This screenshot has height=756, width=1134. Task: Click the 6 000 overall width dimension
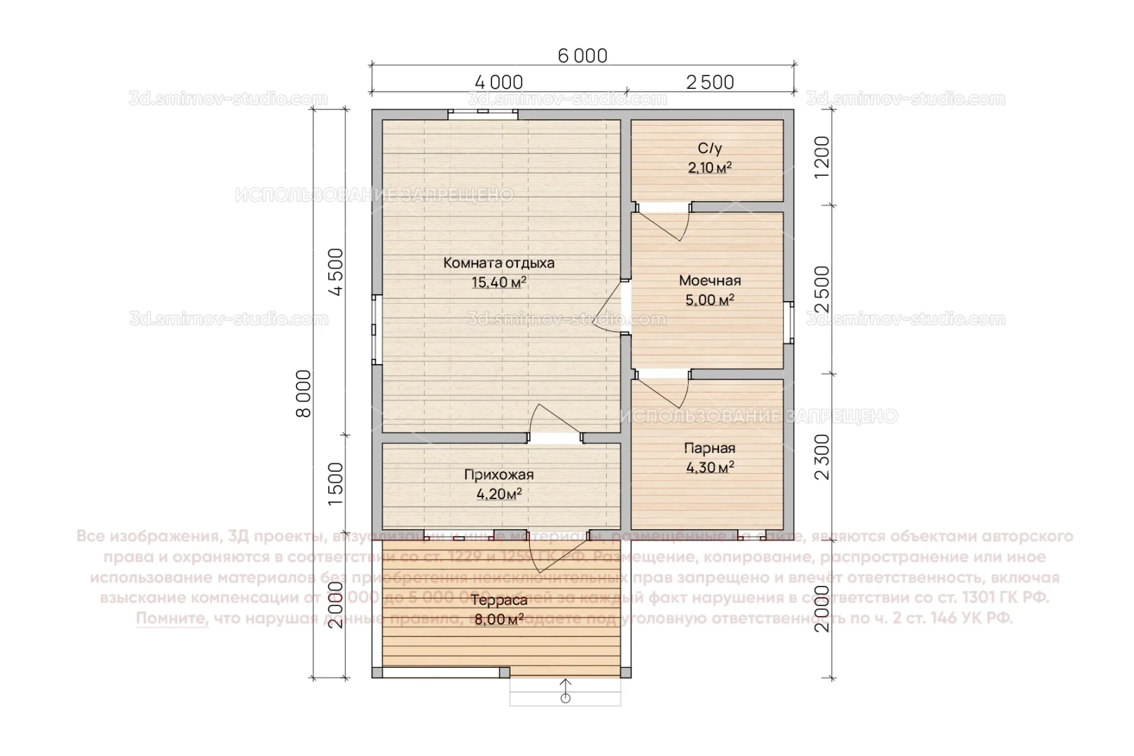tap(582, 55)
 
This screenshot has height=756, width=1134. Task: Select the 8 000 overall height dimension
tap(304, 393)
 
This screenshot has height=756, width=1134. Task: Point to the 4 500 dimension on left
tap(336, 272)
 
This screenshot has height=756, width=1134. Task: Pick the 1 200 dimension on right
tap(822, 157)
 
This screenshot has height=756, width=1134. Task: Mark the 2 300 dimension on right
tap(822, 456)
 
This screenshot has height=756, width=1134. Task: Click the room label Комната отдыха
tap(498, 264)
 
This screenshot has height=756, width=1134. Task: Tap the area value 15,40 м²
tap(498, 283)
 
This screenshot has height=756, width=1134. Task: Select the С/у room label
tap(709, 148)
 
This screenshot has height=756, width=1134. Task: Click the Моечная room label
tap(709, 281)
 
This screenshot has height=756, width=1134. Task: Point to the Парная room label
tap(709, 449)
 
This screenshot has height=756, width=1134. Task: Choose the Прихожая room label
tap(498, 475)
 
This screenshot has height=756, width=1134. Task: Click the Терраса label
tap(498, 601)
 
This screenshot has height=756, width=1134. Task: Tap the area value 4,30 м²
tap(709, 468)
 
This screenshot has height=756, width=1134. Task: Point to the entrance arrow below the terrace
tap(566, 690)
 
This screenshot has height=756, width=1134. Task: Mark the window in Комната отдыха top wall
tap(483, 113)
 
